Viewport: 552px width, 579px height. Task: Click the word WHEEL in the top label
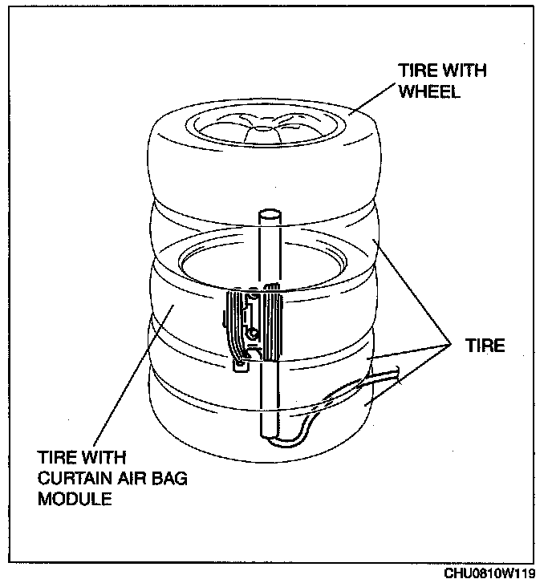[x=429, y=91]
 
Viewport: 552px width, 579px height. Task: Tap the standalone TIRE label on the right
[x=485, y=346]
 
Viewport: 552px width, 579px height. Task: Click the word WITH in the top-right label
[x=462, y=71]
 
